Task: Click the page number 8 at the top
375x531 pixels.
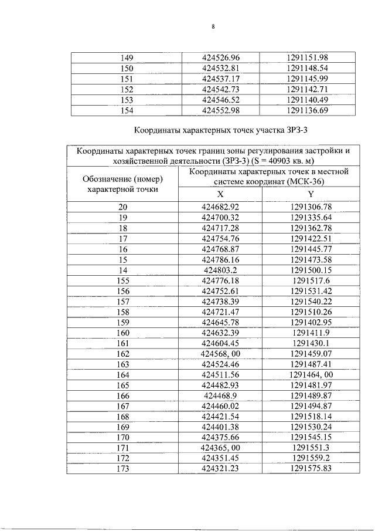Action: pos(213,27)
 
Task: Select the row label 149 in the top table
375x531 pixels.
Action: pos(127,58)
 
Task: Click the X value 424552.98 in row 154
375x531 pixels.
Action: pos(221,110)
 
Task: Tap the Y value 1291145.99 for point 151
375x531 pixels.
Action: pos(307,79)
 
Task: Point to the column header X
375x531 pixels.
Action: pos(220,194)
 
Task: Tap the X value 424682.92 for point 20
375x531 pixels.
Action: pos(221,207)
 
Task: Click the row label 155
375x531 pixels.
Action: pos(123,281)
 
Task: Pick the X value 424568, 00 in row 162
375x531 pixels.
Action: pos(221,355)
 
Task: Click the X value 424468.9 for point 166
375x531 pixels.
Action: pos(221,397)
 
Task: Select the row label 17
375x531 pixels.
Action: pos(123,239)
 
